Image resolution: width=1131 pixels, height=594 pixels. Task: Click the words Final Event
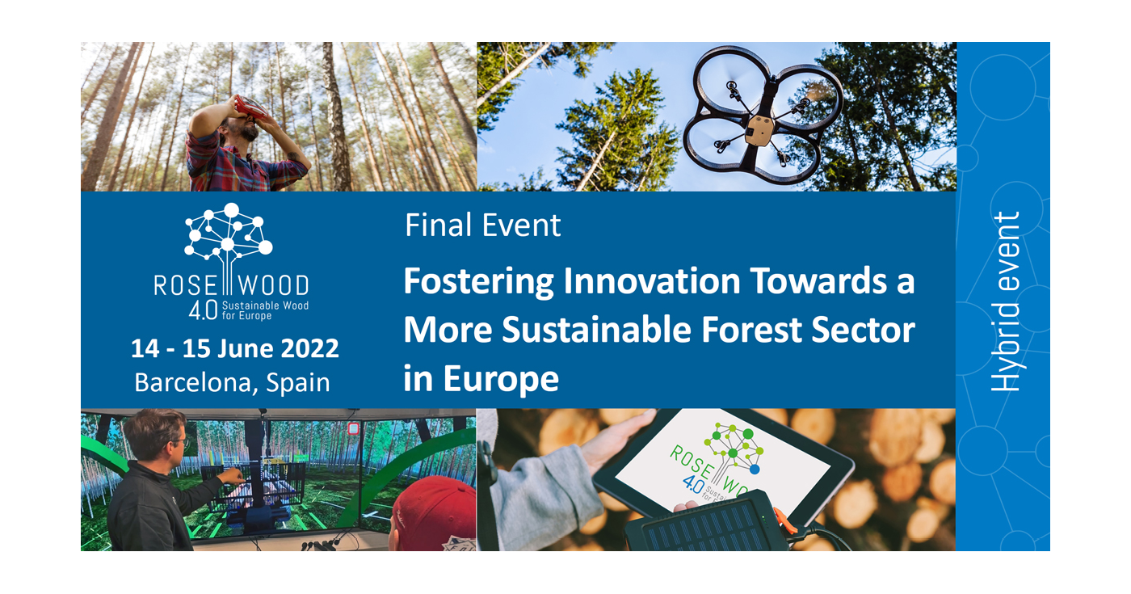click(x=483, y=225)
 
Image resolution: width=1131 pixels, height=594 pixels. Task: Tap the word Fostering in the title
click(x=477, y=282)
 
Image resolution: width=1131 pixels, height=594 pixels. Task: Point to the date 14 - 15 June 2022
click(x=235, y=348)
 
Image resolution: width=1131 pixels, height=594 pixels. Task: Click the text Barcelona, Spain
click(x=233, y=382)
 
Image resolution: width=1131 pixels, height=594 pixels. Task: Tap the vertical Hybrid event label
click(x=1005, y=301)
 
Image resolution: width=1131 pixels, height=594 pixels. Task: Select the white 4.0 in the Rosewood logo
click(x=203, y=310)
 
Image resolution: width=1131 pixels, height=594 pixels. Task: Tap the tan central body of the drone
click(x=759, y=130)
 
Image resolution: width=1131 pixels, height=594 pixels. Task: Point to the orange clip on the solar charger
click(x=784, y=520)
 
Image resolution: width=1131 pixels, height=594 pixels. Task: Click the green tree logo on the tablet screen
click(x=734, y=446)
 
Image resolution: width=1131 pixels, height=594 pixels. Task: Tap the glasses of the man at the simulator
click(x=180, y=444)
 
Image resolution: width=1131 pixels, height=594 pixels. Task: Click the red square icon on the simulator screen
click(x=354, y=429)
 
